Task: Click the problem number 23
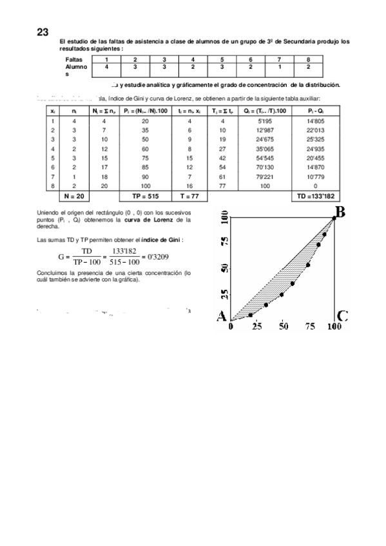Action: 43,32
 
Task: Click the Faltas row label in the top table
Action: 74,59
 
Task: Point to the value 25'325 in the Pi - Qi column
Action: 317,138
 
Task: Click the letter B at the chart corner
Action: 341,211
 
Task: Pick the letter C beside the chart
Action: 342,316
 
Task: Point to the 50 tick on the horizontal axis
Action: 283,327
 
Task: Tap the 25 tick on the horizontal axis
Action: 256,327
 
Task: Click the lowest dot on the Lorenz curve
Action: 251,314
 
